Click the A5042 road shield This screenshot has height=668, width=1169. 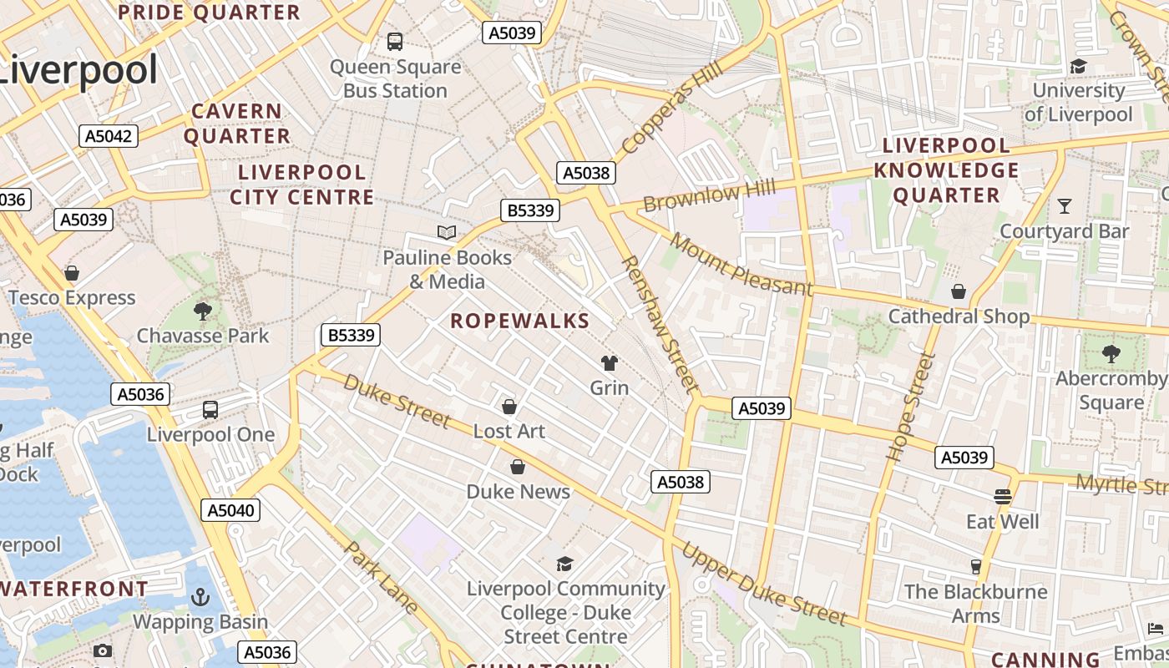click(x=109, y=135)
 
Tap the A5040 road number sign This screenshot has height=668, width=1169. click(x=230, y=510)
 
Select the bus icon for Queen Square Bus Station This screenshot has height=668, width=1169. click(x=395, y=41)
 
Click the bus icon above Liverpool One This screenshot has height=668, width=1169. click(x=210, y=410)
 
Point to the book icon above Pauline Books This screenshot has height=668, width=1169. click(x=447, y=232)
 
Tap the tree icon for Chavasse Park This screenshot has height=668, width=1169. click(x=202, y=311)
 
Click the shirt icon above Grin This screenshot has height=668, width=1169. click(x=610, y=362)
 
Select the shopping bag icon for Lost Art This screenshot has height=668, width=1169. click(x=509, y=407)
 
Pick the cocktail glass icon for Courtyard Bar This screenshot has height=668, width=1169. click(x=1065, y=205)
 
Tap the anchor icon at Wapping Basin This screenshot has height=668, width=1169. click(x=200, y=597)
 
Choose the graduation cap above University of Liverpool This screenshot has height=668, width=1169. click(x=1078, y=66)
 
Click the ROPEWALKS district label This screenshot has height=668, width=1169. click(x=520, y=321)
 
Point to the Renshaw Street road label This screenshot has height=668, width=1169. click(x=659, y=325)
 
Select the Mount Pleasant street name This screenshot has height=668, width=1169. click(x=741, y=265)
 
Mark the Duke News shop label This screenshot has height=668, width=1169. click(x=518, y=491)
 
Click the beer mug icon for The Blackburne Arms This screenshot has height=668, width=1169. click(x=975, y=567)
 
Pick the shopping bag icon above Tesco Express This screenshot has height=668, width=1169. click(x=72, y=273)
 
